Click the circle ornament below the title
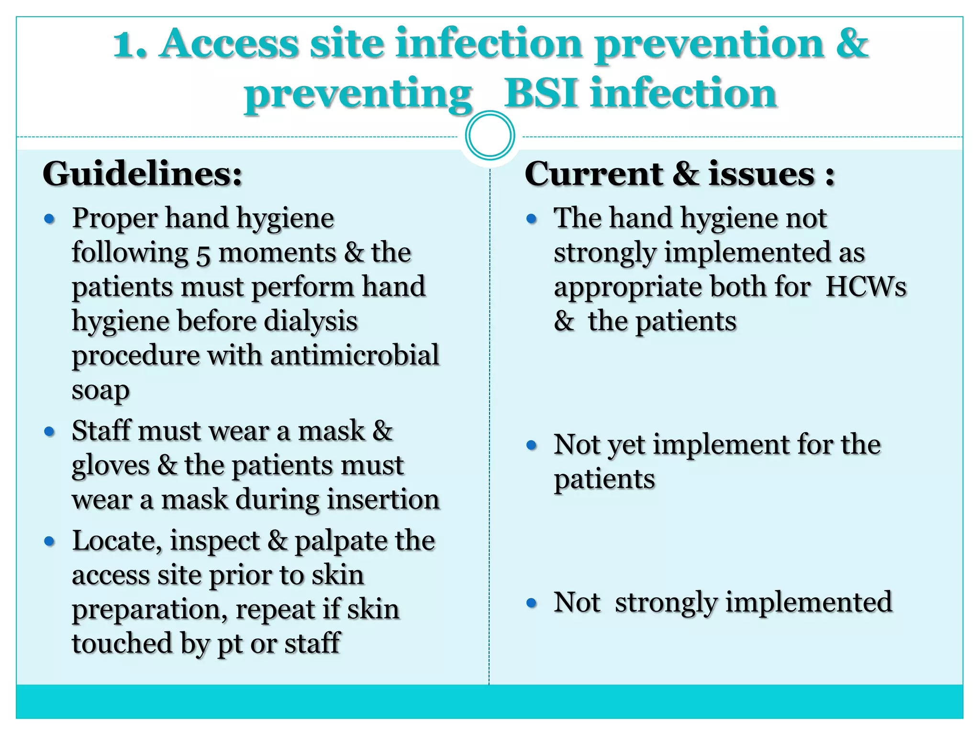tap(490, 135)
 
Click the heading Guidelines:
tap(143, 174)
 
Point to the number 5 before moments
tap(203, 255)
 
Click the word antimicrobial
tap(354, 356)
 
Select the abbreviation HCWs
tap(866, 287)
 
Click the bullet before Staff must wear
tap(49, 432)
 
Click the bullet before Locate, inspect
tap(49, 542)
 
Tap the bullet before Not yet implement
tap(531, 445)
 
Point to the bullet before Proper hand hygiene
tap(49, 219)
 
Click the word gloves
tap(111, 466)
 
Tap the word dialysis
tap(311, 321)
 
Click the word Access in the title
tap(229, 44)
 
